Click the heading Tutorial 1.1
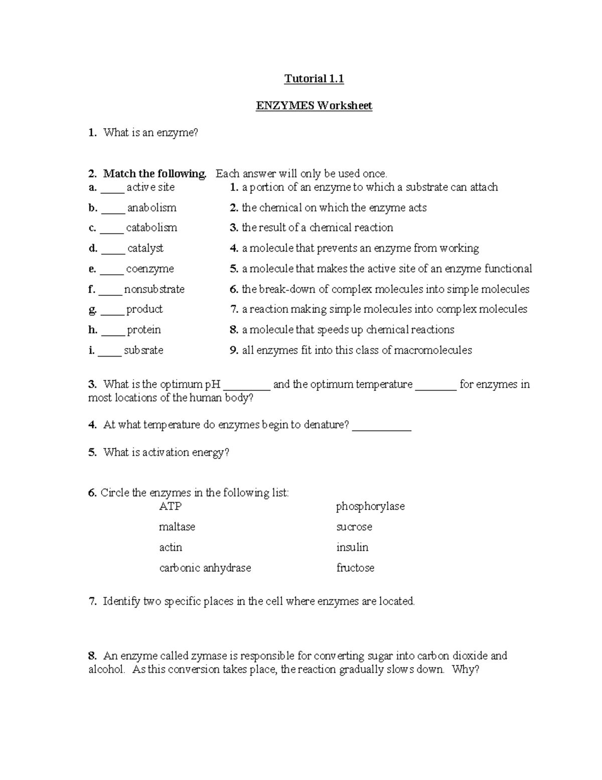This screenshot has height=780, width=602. click(314, 79)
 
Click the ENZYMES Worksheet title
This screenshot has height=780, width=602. click(314, 106)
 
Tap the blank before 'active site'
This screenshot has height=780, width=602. click(112, 189)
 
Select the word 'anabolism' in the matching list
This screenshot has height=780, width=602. click(152, 208)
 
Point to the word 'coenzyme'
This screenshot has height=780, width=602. click(150, 269)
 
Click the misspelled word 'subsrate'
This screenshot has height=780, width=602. click(143, 351)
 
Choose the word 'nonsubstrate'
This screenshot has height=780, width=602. click(155, 290)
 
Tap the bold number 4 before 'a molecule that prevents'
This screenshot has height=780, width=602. click(234, 249)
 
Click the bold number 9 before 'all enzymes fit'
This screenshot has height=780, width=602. click(234, 351)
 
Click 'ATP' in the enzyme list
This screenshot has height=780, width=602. click(170, 507)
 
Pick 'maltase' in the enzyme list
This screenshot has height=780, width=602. click(177, 527)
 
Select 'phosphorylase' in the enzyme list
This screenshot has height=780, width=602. click(370, 507)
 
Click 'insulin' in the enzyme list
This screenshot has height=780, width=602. click(352, 547)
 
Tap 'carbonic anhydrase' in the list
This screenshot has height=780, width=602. click(205, 568)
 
